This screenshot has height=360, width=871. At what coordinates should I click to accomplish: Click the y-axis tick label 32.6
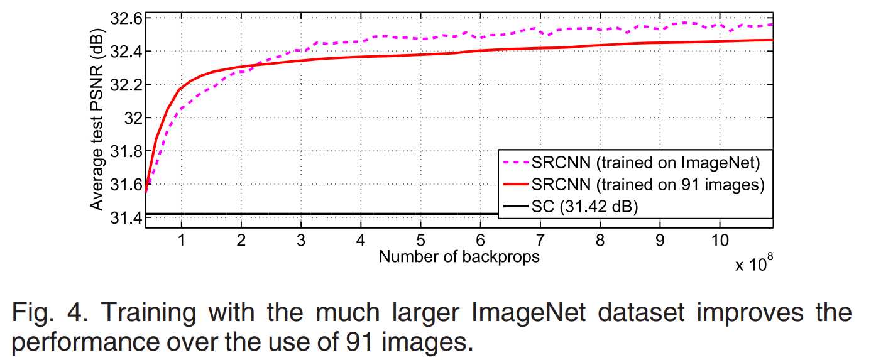tap(126, 18)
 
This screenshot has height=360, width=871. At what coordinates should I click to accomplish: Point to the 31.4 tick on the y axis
tap(126, 218)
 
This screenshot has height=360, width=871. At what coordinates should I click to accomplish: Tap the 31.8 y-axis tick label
tap(126, 151)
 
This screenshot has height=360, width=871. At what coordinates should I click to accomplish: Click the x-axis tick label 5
tap(420, 240)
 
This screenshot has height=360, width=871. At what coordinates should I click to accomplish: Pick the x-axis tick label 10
tap(720, 240)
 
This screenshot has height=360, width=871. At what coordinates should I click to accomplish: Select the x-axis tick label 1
tap(182, 240)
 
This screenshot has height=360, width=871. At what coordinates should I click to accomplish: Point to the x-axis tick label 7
tap(540, 240)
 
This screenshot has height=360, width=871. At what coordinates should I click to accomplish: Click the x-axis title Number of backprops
tap(459, 256)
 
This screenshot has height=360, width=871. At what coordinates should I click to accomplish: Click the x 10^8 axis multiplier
tap(753, 263)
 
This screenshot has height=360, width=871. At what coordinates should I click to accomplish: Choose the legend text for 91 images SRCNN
tap(647, 185)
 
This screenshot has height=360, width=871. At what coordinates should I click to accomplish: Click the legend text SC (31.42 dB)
tap(584, 206)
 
